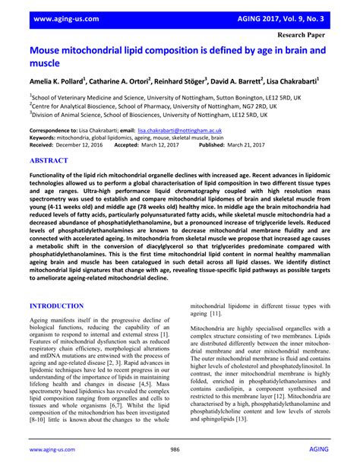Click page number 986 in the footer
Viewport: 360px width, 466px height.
click(180, 450)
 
